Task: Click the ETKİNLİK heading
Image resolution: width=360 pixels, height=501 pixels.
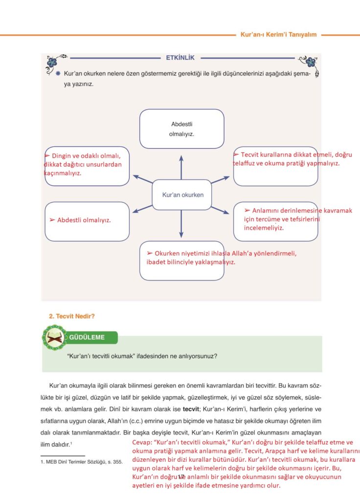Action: [x=180, y=58]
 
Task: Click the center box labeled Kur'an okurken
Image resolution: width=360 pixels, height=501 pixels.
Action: [x=182, y=195]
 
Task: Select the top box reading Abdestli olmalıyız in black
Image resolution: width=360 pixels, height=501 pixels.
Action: [x=181, y=129]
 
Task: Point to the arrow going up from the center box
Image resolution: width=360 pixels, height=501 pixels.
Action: [x=181, y=167]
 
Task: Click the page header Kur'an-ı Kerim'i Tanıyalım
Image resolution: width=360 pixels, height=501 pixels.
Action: [x=279, y=35]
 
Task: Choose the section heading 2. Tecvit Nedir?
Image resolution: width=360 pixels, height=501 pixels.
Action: [x=72, y=316]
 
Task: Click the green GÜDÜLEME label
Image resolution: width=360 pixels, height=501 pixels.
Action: [x=87, y=338]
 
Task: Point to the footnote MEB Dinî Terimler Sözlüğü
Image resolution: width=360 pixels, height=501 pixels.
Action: [x=81, y=461]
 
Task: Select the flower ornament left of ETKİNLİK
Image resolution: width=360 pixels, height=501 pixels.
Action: [x=55, y=62]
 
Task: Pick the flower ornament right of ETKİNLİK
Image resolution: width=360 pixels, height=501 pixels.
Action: [x=308, y=62]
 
